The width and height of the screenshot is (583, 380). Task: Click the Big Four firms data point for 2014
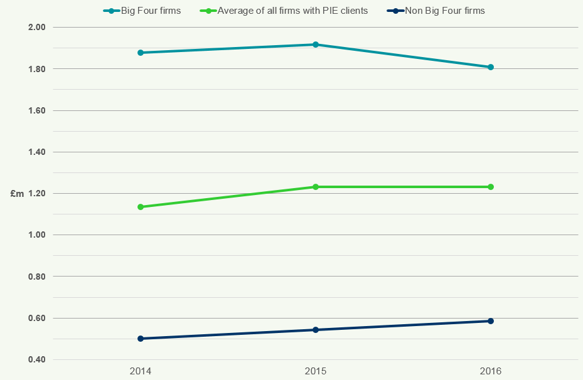(x=141, y=53)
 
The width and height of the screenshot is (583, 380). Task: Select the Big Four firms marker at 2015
(x=316, y=45)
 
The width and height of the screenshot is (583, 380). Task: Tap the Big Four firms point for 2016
(x=491, y=67)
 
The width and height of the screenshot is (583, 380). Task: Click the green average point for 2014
(x=141, y=207)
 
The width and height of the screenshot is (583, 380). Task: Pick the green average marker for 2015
(x=316, y=187)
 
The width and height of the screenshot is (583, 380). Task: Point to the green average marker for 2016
(x=491, y=187)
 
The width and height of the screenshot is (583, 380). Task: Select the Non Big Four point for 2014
(x=141, y=339)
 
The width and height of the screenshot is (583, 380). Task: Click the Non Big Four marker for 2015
(x=316, y=330)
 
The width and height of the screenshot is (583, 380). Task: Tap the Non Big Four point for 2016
(x=491, y=321)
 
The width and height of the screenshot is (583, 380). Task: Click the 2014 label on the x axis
(x=141, y=371)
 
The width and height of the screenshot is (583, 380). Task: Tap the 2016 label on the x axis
(x=491, y=371)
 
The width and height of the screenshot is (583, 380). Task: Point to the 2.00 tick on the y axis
(x=38, y=28)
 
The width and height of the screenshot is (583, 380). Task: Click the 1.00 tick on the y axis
(x=38, y=235)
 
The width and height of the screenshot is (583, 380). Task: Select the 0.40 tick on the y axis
(x=38, y=360)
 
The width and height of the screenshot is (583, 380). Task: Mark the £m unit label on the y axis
(x=17, y=194)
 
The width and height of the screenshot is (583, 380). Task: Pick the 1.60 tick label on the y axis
(x=38, y=111)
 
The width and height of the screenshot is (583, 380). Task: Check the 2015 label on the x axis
(x=316, y=371)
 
